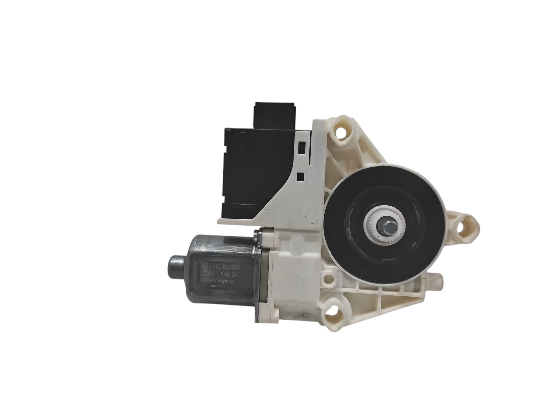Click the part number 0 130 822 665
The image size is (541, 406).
225,272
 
